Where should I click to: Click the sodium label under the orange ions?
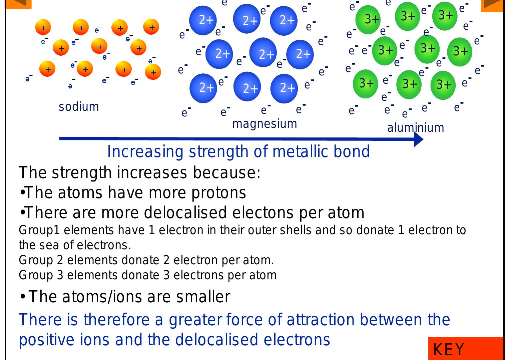click(x=79, y=107)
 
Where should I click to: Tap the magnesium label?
click(x=265, y=124)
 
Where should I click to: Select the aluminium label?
click(x=416, y=127)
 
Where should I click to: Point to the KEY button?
click(x=466, y=348)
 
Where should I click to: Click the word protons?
click(x=219, y=193)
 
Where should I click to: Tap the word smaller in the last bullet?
click(x=203, y=297)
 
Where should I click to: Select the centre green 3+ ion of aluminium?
click(x=427, y=49)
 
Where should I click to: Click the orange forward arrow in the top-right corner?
click(x=492, y=5)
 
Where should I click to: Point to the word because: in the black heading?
click(x=227, y=172)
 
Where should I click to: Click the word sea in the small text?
click(x=49, y=245)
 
